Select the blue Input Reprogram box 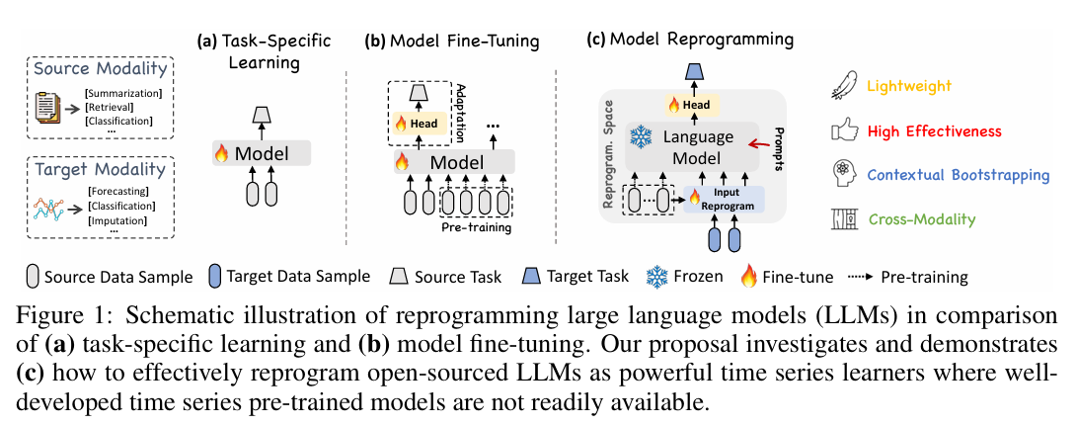723,199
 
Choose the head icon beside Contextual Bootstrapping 843,174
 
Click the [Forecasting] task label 118,192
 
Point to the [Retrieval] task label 110,107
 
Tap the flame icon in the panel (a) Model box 222,153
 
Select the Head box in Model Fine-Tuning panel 418,123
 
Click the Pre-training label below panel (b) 476,227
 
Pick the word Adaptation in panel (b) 461,114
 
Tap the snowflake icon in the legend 657,277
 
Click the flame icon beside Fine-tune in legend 748,278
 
